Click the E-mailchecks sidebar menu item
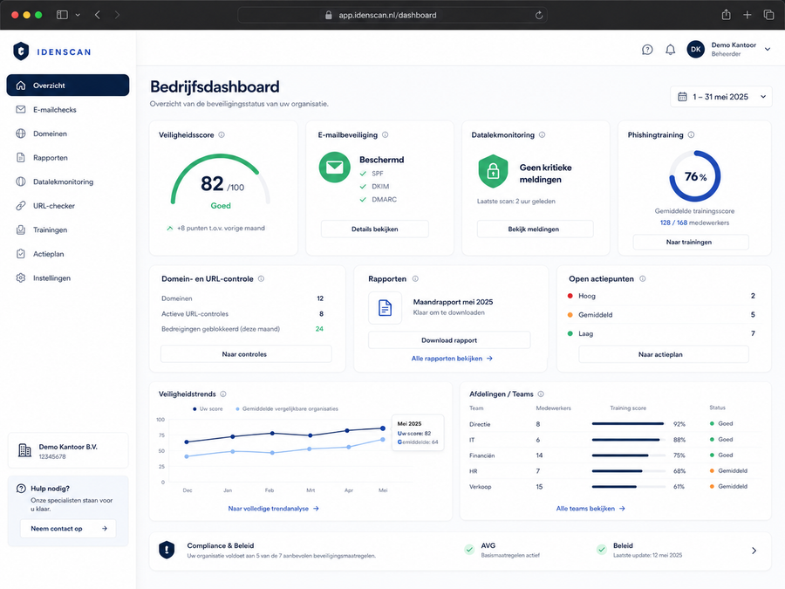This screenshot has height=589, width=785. pos(55,110)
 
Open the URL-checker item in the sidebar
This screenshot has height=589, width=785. pos(54,206)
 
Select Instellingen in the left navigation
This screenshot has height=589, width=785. pos(52,278)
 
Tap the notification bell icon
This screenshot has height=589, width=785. pos(671,50)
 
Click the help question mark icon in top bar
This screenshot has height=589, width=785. pos(647,50)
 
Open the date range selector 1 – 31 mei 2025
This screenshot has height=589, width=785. pos(721,97)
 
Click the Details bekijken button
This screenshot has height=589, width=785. pos(374,229)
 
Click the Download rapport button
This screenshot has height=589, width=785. pos(449,340)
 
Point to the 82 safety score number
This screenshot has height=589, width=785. pos(212,184)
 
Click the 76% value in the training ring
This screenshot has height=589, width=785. pos(695,177)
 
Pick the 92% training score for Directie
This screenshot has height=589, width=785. pos(679,424)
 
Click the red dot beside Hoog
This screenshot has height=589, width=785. pos(570,296)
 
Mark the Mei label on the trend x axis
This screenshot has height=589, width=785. pos(383,490)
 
